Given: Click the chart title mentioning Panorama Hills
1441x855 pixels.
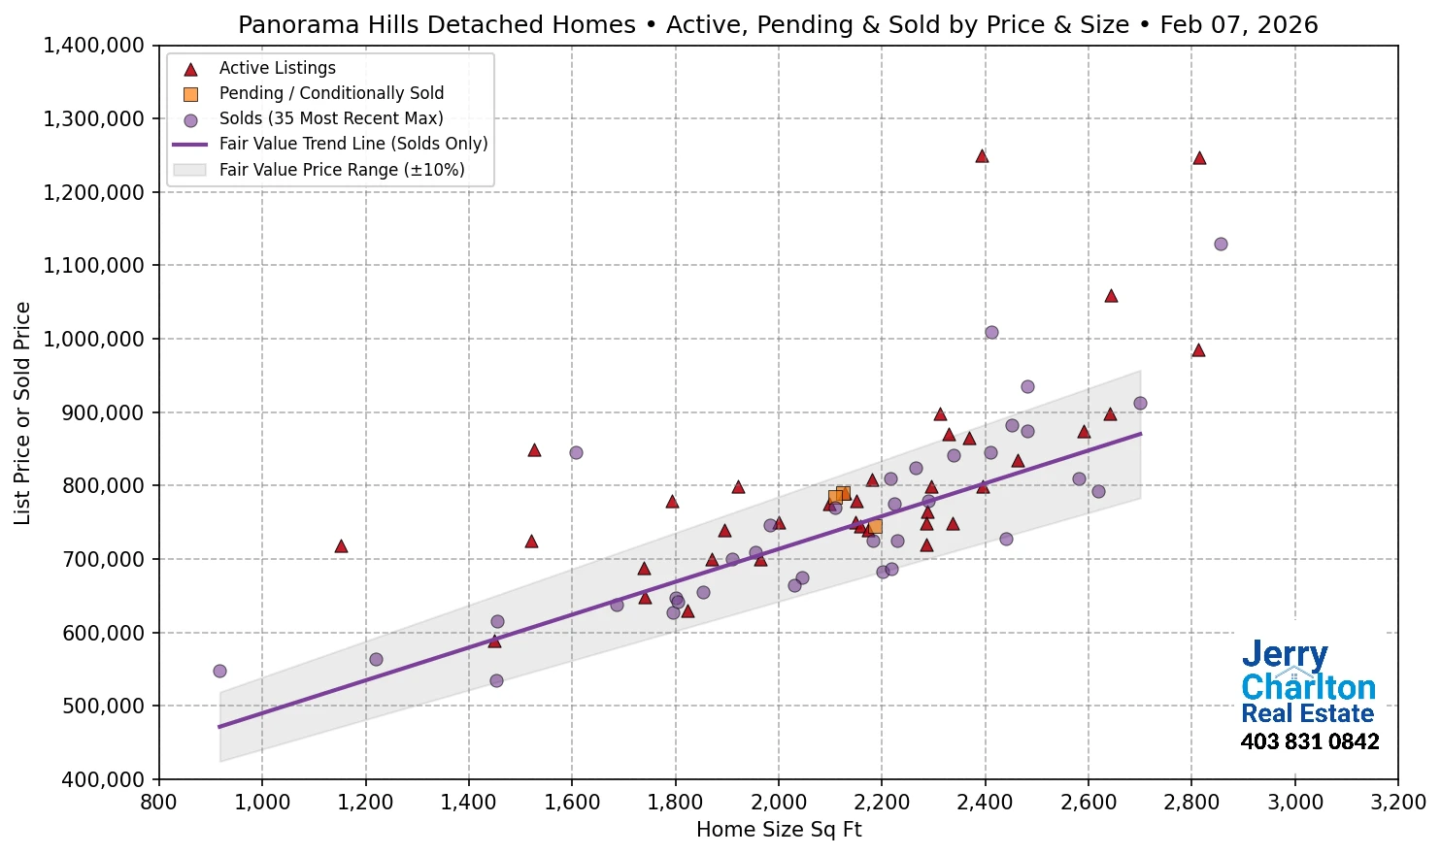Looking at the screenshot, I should tap(778, 24).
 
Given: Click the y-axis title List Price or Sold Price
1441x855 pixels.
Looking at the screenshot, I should tap(22, 412).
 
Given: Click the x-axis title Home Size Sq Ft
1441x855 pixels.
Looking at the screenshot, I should tap(779, 830).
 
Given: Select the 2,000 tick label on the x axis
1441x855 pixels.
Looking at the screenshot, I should tap(779, 803).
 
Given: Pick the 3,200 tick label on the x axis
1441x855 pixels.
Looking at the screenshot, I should tap(1398, 803).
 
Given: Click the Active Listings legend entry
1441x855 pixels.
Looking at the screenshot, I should tap(277, 68).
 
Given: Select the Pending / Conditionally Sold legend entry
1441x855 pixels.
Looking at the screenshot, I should tap(331, 93).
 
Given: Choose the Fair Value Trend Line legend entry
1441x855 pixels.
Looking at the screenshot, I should tap(352, 144).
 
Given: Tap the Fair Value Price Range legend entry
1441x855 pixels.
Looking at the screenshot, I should tap(341, 170).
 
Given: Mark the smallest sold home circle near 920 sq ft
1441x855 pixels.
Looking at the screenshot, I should tap(219, 671).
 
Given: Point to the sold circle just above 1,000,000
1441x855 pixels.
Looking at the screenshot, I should tap(991, 332).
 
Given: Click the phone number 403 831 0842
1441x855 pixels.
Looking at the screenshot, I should tap(1309, 742).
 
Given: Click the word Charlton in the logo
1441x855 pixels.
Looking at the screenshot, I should tap(1308, 687).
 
